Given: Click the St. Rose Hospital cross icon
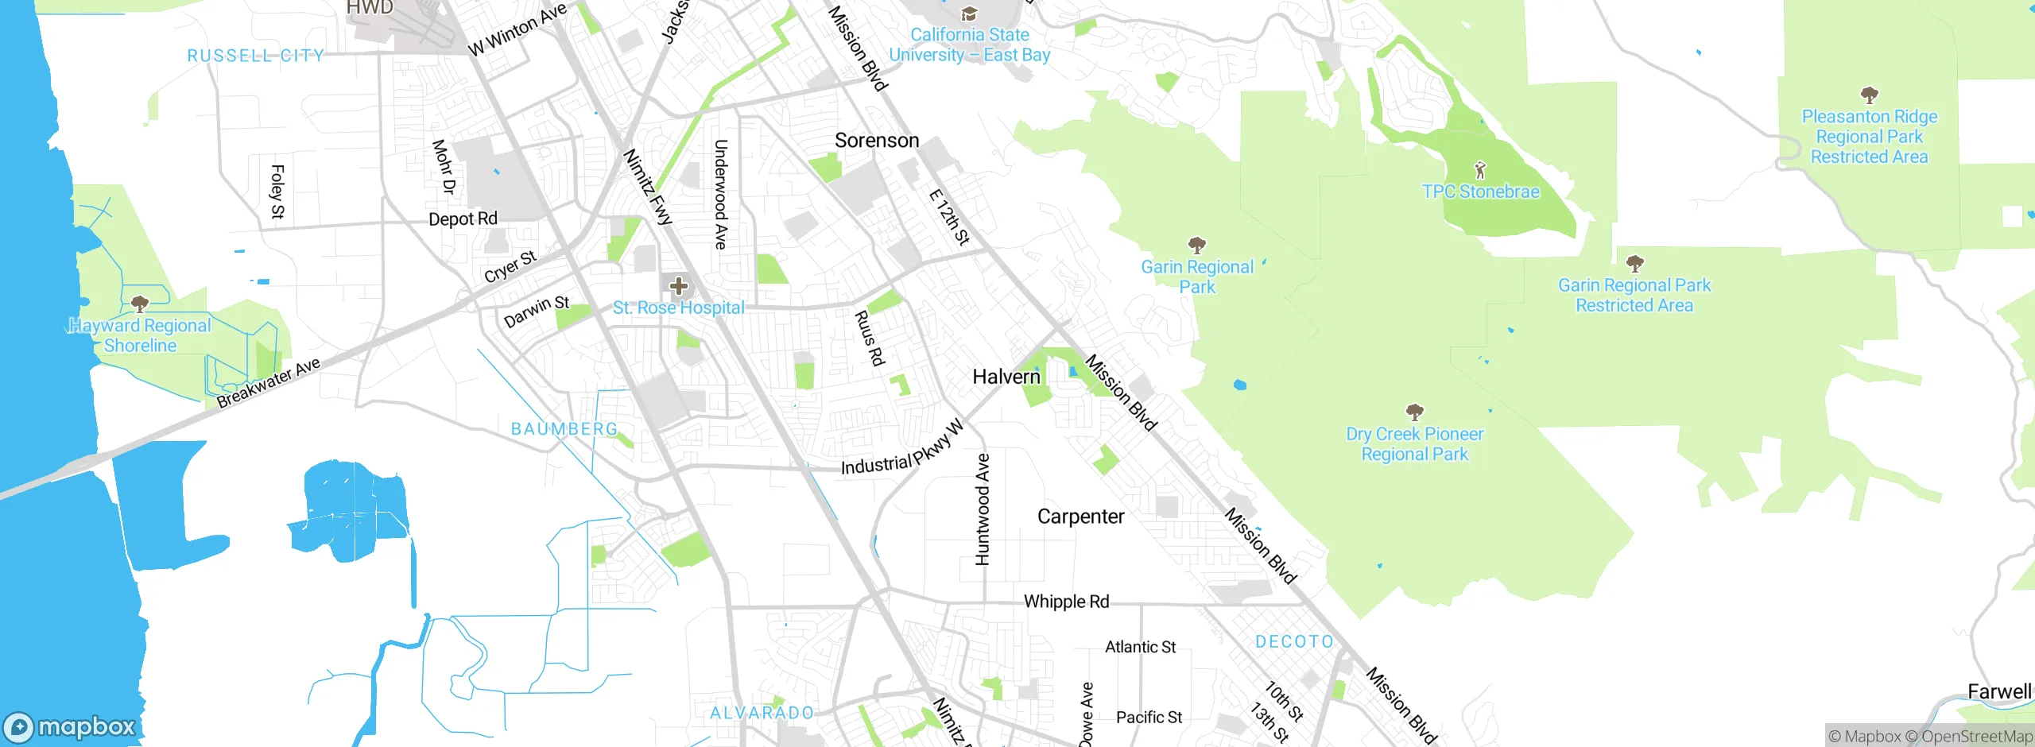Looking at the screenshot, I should point(678,286).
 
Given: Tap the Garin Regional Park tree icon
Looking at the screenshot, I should point(1196,245).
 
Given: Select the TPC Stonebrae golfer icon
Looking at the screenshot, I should point(1479,170).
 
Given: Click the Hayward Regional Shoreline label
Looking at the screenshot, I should point(140,335).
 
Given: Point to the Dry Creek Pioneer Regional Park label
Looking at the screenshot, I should point(1414,444).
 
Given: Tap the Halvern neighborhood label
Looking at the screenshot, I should point(1006,377).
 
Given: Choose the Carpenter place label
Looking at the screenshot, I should point(1080,517).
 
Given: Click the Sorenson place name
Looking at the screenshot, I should point(877,141).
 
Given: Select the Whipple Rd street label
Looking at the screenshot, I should point(1066,602).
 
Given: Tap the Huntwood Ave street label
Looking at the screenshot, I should point(983,509).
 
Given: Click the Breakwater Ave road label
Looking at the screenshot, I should point(269,382).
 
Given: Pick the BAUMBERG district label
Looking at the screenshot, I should point(564,429).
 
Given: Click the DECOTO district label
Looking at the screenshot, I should point(1294,641).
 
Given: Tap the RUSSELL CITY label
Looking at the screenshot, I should point(255,56).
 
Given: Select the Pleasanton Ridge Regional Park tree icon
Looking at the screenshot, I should point(1869,96).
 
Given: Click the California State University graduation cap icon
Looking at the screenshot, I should point(968,14).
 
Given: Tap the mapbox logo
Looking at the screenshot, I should point(70,726).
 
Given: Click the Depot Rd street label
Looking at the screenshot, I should point(463,219).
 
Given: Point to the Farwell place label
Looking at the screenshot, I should point(1998,691).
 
